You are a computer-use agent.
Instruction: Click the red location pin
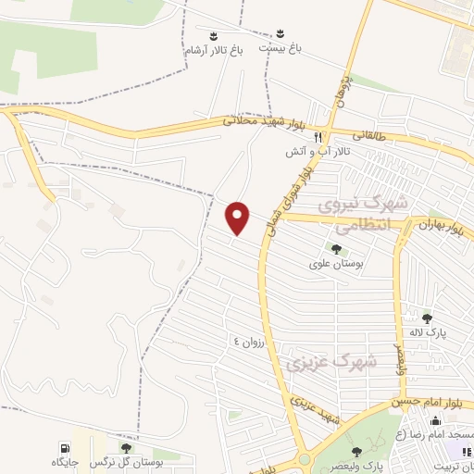239,218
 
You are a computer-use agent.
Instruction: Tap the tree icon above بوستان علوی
336,248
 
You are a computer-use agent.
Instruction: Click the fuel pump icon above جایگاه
64,447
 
